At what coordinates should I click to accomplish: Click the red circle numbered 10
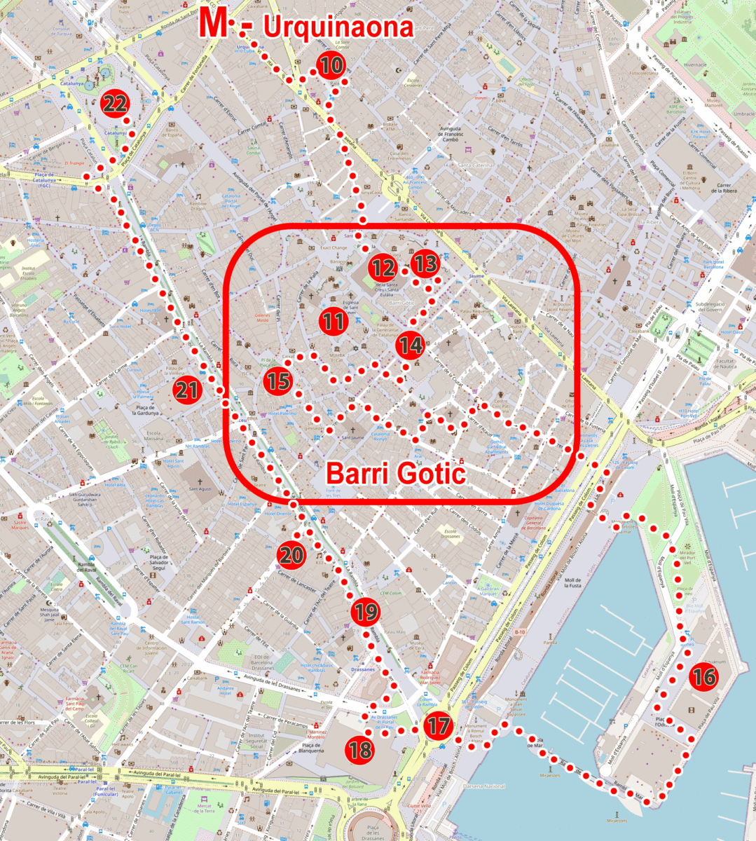[x=331, y=66]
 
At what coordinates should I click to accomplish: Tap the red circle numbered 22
[x=115, y=104]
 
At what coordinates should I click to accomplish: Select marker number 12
[x=383, y=268]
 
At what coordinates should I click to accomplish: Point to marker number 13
[x=425, y=264]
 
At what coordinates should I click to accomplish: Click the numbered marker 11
[x=334, y=322]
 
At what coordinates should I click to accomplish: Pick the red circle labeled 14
[x=411, y=345]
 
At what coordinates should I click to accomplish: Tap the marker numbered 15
[x=278, y=381]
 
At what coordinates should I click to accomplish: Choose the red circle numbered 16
[x=703, y=676]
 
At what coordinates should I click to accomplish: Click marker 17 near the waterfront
[x=439, y=725]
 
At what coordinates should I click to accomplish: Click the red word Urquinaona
[x=338, y=27]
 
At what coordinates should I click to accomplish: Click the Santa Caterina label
[x=474, y=165]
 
